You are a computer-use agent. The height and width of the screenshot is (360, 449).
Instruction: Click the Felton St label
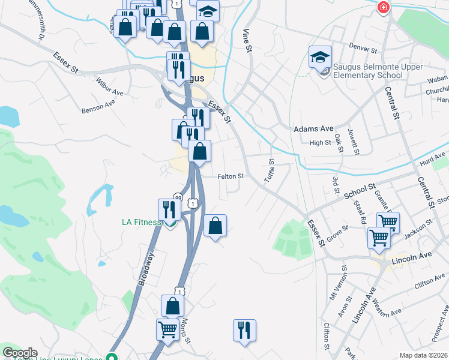(x=231, y=176)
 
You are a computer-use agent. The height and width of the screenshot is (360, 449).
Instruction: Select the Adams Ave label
(x=313, y=128)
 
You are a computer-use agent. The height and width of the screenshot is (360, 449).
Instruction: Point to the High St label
(x=320, y=143)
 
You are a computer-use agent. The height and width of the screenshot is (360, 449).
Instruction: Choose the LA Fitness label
(x=141, y=222)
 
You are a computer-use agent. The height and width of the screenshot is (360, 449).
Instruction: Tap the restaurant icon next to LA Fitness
(x=169, y=209)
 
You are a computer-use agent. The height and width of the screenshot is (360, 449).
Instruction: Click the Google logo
(x=20, y=353)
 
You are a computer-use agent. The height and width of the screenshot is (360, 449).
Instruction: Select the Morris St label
(x=186, y=331)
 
